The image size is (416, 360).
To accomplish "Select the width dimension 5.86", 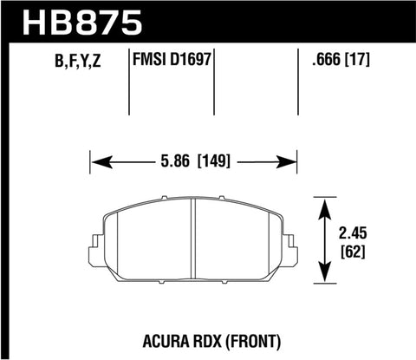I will pos(173,160).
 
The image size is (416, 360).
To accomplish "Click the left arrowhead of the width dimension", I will pos(97,160).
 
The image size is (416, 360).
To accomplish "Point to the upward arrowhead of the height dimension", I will pos(324,206).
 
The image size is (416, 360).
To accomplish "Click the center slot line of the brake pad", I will pos(193,243).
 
